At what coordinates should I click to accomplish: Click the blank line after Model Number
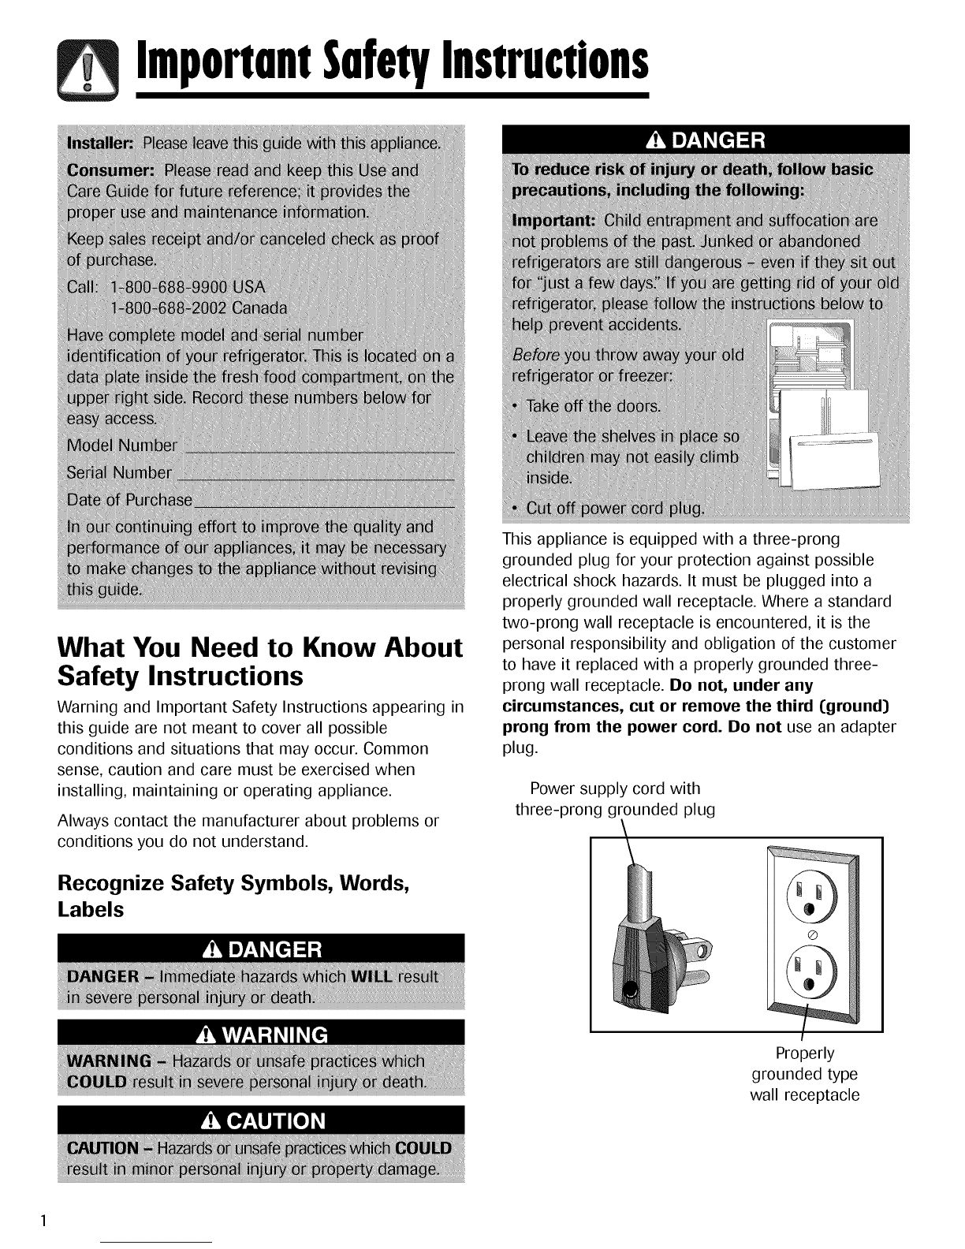tap(319, 448)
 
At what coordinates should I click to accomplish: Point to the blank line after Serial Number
tap(315, 475)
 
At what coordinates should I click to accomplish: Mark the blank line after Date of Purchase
tap(325, 501)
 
